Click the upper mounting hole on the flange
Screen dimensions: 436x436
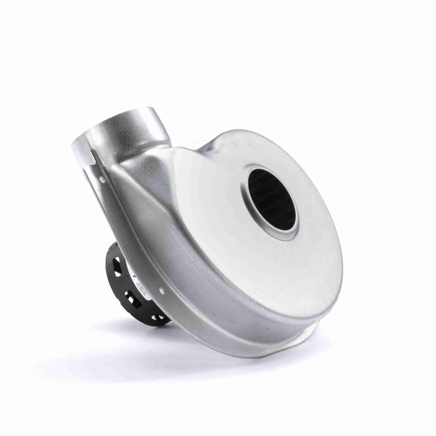(x=103, y=179)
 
